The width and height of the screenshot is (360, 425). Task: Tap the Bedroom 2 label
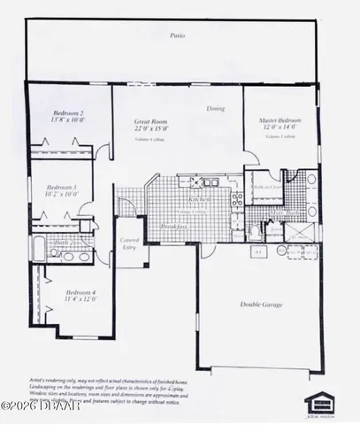(68, 113)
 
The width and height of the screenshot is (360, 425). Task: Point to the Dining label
(215, 109)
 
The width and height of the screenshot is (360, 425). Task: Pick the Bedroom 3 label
(61, 187)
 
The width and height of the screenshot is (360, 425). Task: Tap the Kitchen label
(187, 201)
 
